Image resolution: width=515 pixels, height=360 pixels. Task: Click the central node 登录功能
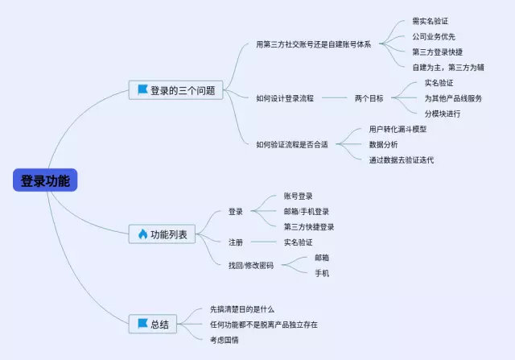tap(45, 180)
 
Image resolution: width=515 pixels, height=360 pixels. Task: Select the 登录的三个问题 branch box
tap(175, 90)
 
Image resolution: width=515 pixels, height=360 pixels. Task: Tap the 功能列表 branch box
tap(162, 234)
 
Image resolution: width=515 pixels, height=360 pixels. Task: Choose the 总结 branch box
tap(153, 324)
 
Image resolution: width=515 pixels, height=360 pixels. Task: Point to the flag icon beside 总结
tap(142, 324)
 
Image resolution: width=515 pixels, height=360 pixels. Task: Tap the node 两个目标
tap(369, 97)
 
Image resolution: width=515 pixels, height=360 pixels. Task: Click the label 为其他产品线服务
tap(453, 97)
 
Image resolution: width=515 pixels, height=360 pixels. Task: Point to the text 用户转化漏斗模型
tap(398, 129)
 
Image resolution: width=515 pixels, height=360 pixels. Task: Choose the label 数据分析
tap(383, 144)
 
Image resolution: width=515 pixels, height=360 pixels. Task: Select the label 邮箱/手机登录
tap(307, 211)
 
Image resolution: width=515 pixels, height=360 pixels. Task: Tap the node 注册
tap(235, 242)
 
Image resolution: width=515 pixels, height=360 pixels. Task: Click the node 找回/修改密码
tap(250, 265)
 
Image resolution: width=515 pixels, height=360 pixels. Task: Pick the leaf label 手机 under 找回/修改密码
tap(321, 273)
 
